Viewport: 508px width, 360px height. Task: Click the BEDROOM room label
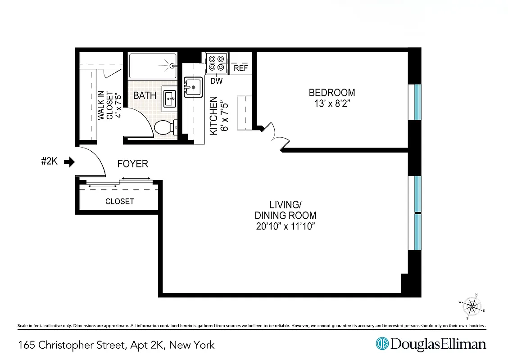click(x=331, y=93)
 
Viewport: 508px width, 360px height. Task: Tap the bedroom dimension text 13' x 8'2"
click(x=331, y=104)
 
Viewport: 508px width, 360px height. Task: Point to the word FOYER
click(x=132, y=164)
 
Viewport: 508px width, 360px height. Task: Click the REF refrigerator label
click(x=241, y=68)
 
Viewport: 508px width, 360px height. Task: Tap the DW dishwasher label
click(x=217, y=81)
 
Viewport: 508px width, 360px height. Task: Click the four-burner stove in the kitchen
click(x=216, y=63)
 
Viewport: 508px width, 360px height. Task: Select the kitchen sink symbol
click(x=193, y=87)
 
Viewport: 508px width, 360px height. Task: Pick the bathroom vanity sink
click(x=170, y=98)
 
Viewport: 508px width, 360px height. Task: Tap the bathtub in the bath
click(x=152, y=66)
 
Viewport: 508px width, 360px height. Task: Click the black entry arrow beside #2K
click(x=69, y=162)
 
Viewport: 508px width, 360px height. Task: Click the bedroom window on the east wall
click(x=417, y=102)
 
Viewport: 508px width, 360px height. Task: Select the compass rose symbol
click(x=472, y=306)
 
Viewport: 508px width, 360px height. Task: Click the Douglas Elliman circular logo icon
click(x=382, y=344)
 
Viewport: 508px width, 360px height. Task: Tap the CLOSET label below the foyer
click(x=119, y=202)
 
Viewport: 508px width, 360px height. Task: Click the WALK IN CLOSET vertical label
click(x=109, y=105)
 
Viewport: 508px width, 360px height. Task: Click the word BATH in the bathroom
click(x=145, y=95)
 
